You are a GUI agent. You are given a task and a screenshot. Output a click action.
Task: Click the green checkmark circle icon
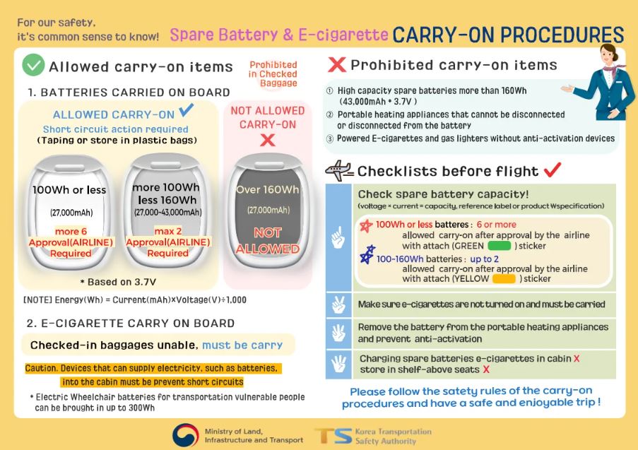33,65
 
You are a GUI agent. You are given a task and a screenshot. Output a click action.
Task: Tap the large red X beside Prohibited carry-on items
337,65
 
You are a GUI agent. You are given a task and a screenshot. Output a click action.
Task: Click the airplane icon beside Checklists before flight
339,171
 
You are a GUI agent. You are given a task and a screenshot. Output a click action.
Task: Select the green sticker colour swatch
500,246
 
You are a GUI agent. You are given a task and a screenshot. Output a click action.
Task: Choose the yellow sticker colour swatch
504,279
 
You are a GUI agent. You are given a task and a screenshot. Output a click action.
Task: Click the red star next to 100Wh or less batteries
366,225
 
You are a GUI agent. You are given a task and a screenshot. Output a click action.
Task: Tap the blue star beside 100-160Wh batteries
367,255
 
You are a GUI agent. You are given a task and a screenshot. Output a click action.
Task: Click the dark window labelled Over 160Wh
267,211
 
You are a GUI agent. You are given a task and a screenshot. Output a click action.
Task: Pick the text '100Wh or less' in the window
69,190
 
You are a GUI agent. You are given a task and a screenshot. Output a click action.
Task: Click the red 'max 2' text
167,231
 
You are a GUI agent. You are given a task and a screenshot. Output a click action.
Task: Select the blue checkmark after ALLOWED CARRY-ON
186,110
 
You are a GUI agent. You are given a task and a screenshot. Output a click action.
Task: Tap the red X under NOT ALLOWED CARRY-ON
267,141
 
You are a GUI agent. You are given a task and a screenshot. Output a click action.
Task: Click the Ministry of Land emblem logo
186,435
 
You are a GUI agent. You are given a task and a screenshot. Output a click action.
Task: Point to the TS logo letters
333,436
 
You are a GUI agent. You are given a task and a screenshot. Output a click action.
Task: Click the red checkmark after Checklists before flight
552,170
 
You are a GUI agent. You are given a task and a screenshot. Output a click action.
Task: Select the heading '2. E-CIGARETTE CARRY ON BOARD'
131,324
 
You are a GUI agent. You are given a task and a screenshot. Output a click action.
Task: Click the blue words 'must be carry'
242,345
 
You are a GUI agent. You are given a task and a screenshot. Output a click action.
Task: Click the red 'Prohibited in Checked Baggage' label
273,73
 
